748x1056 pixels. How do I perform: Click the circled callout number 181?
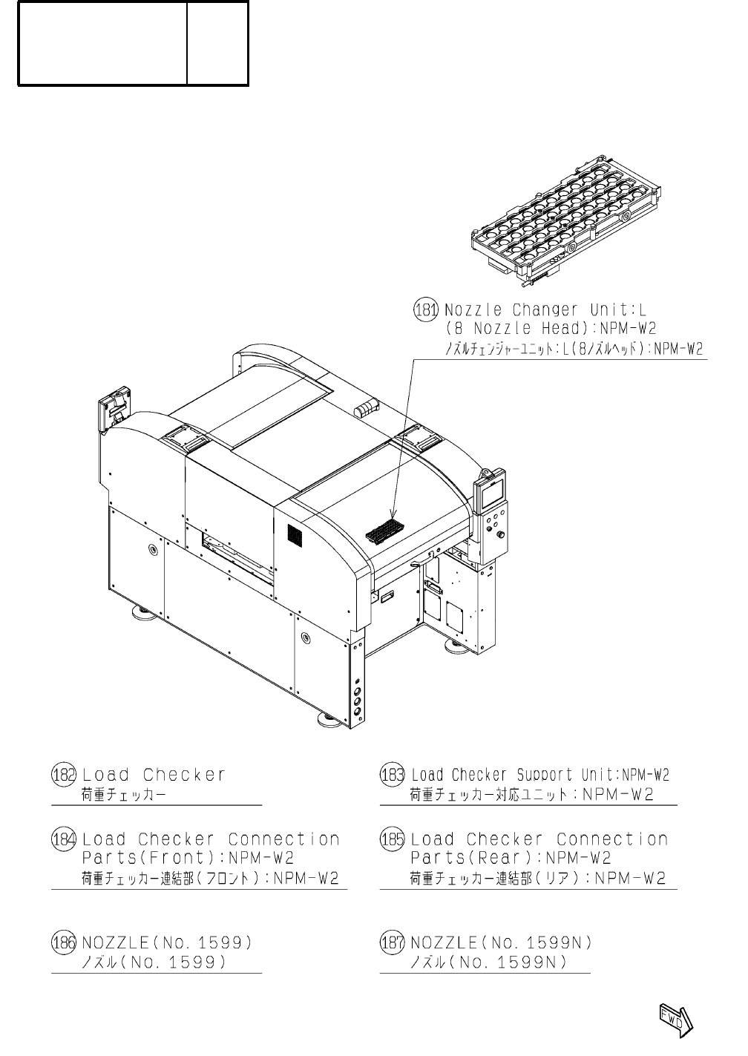(426, 309)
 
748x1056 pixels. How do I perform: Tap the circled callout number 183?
(392, 775)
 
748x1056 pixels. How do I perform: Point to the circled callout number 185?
(392, 840)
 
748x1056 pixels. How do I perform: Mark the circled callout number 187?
(392, 943)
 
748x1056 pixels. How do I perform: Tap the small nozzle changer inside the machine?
(384, 530)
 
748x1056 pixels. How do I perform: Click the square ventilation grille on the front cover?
(296, 537)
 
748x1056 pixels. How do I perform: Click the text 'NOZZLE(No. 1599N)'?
(501, 943)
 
